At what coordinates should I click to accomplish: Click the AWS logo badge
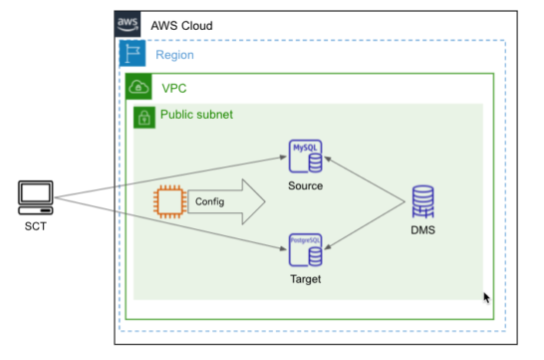pyautogui.click(x=128, y=23)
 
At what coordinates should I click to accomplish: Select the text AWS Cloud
pyautogui.click(x=180, y=25)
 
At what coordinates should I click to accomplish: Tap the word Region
pyautogui.click(x=174, y=55)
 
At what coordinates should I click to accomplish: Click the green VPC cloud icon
pyautogui.click(x=139, y=86)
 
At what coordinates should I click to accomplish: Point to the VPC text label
pyautogui.click(x=174, y=88)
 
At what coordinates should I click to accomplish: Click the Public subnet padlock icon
pyautogui.click(x=144, y=117)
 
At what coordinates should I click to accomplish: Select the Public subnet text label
pyautogui.click(x=196, y=115)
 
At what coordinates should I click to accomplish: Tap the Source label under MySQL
pyautogui.click(x=305, y=186)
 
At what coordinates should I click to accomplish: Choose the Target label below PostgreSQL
pyautogui.click(x=305, y=279)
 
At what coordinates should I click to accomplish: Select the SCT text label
pyautogui.click(x=35, y=225)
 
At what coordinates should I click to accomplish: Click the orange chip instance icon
pyautogui.click(x=167, y=202)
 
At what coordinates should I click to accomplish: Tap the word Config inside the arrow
pyautogui.click(x=209, y=202)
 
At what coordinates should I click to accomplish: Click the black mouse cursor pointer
pyautogui.click(x=487, y=298)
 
